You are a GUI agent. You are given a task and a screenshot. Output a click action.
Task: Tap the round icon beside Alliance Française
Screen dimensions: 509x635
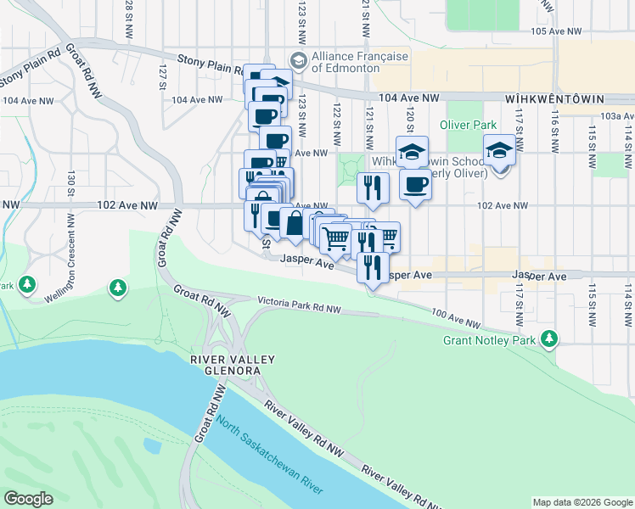tap(297, 60)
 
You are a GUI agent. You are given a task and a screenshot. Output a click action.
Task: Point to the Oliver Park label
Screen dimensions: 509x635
tap(468, 125)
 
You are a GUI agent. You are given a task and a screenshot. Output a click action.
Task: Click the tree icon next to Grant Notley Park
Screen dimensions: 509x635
tap(550, 339)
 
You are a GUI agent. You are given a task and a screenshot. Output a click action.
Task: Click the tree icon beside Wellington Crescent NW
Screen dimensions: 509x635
tap(116, 289)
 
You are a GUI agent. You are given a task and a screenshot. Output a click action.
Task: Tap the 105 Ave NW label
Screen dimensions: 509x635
tap(555, 31)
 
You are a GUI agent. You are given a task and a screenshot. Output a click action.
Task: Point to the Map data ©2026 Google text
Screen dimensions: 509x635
tap(582, 502)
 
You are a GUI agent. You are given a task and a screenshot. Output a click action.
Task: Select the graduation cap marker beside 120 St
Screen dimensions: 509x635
tap(412, 152)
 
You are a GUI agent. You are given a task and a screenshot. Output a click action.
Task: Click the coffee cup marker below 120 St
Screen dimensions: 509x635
tap(414, 184)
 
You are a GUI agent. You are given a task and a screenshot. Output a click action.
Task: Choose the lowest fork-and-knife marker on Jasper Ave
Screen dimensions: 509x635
tap(374, 267)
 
